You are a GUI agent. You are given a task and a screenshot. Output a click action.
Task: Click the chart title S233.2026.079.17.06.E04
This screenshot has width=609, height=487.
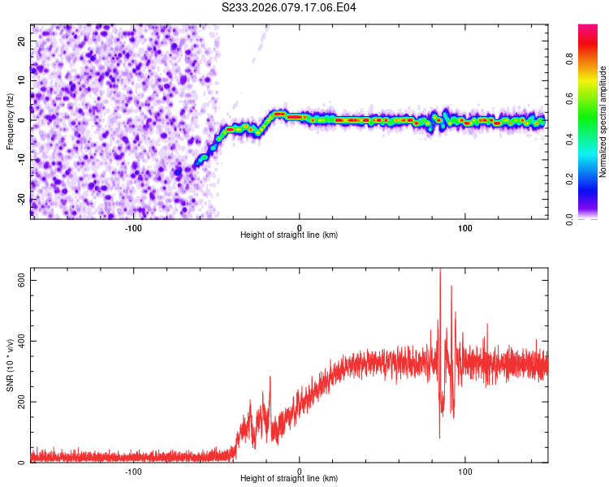[289, 7]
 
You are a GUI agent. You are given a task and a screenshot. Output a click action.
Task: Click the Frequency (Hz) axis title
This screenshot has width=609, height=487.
[10, 121]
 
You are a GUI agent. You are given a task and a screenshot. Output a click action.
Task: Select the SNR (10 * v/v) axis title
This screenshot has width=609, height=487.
[10, 366]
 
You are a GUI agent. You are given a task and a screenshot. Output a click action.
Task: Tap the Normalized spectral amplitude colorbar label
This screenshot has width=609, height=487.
[603, 122]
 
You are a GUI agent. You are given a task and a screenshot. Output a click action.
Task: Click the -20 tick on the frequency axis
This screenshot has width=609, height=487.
[20, 200]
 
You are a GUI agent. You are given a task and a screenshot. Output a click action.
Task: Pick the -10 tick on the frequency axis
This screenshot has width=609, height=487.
[20, 160]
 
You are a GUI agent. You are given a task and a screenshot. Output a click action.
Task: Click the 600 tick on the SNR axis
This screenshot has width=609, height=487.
[19, 279]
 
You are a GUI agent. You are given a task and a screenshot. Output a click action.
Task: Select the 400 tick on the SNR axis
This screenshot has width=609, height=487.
[19, 341]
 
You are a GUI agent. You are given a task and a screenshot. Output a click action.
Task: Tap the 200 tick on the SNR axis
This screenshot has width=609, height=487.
[19, 402]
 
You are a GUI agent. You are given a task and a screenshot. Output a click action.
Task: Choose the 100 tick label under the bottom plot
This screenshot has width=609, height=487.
[465, 471]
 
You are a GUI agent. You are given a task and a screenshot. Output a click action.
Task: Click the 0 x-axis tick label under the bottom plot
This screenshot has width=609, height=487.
[300, 471]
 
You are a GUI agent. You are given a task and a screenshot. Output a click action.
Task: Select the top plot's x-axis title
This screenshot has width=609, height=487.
[289, 235]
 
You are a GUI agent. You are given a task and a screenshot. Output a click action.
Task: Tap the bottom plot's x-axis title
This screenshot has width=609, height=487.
[289, 480]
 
